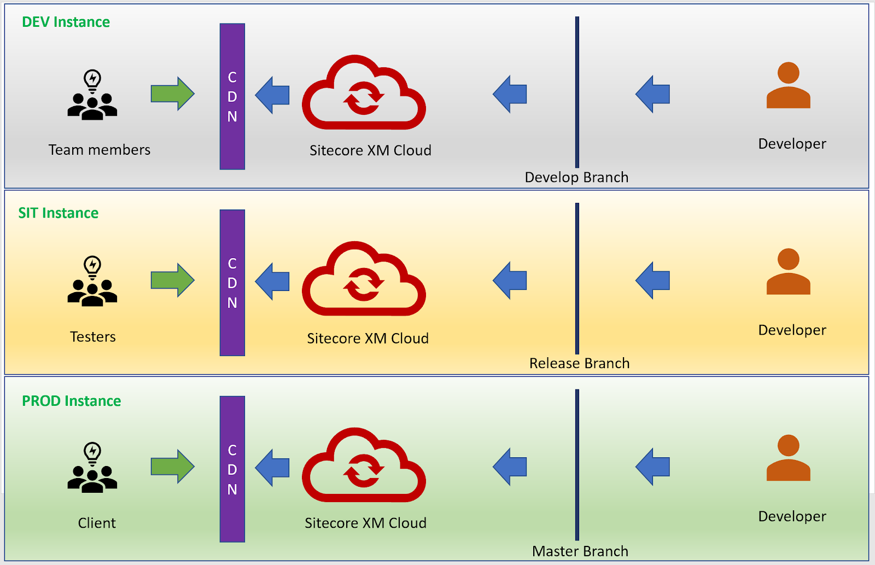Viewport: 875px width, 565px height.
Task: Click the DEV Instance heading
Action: coord(66,22)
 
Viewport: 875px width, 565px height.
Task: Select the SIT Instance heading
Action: coord(59,213)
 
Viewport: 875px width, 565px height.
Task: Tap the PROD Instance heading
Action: coord(71,401)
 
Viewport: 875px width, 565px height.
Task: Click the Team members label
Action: coord(99,150)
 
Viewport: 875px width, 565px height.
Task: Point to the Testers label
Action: coord(93,337)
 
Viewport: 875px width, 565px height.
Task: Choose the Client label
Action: coord(97,523)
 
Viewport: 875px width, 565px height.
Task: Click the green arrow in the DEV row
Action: coord(172,94)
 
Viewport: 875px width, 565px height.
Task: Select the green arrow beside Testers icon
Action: coord(172,281)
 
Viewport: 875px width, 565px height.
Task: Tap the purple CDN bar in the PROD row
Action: coord(232,469)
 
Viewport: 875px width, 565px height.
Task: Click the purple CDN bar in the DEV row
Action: coord(232,96)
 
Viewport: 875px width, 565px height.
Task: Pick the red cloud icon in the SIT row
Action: coord(364,279)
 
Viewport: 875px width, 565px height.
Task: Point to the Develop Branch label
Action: coord(576,177)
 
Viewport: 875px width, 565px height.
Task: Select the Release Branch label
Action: coord(579,364)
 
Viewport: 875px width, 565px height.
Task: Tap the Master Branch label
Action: coord(580,551)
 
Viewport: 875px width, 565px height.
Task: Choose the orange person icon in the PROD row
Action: coord(788,458)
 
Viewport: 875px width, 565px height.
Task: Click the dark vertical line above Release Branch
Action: coord(577,279)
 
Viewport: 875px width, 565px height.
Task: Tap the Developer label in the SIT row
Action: coord(792,330)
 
